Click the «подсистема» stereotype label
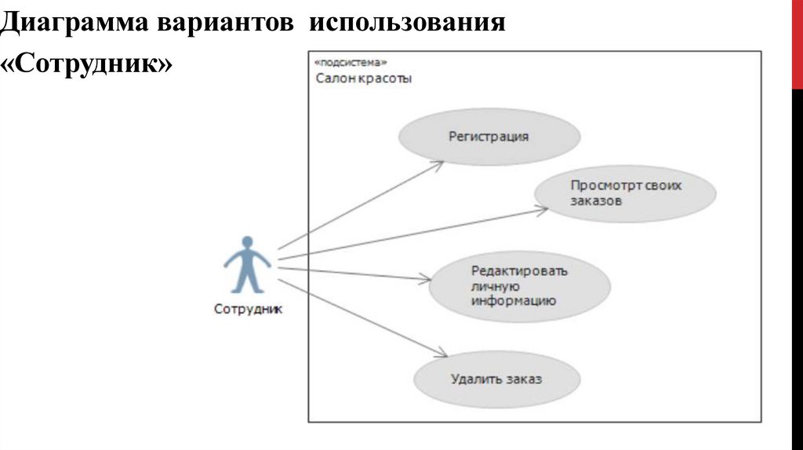(351, 62)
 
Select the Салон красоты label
(364, 78)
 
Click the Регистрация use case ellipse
(489, 136)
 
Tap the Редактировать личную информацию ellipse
(519, 285)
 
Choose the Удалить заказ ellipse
(496, 380)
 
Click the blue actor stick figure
(247, 265)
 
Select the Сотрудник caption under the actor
(248, 309)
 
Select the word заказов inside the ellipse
(596, 201)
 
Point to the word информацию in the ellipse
(514, 299)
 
